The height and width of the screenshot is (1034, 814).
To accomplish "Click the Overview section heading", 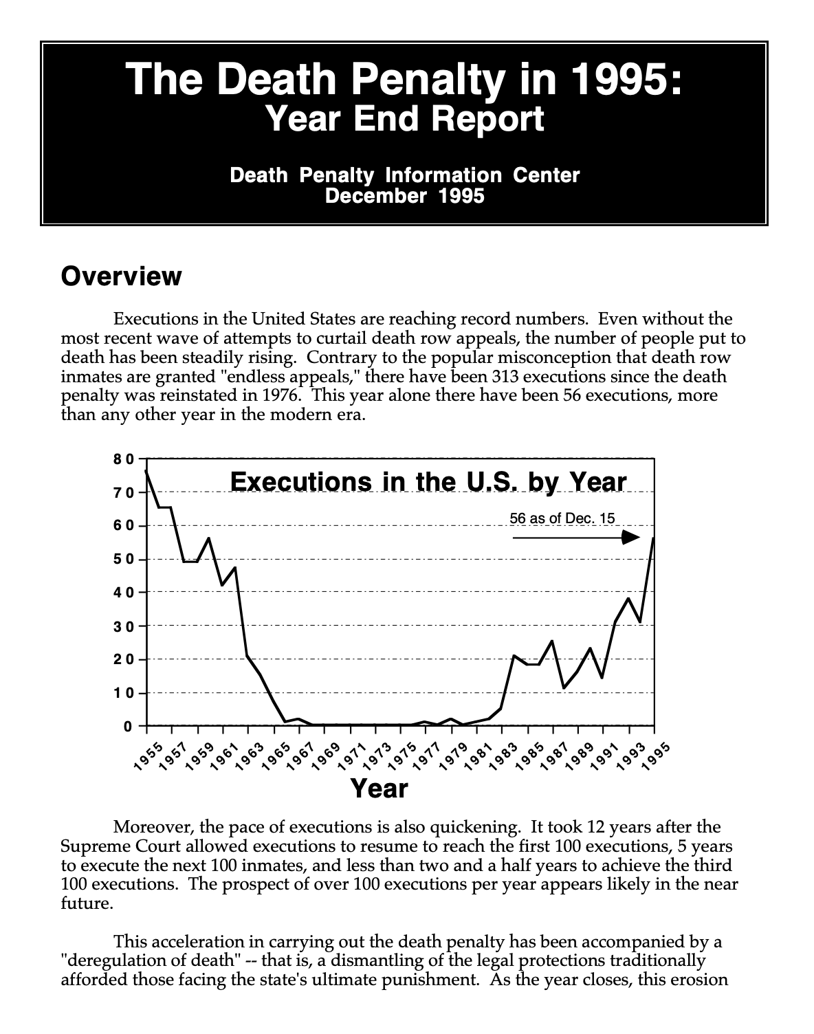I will point(121,276).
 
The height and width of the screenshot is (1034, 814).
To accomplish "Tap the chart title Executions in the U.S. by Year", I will point(428,481).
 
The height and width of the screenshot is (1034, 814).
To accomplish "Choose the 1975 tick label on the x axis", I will point(402,758).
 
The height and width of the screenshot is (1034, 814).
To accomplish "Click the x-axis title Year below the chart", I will point(379,789).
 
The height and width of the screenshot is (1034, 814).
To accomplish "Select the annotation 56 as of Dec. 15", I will point(562,518).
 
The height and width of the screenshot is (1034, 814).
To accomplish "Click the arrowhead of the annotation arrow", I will point(631,537).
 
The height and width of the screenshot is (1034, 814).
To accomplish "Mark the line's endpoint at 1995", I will point(653,538).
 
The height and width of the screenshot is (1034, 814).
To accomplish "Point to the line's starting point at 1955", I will point(146,471).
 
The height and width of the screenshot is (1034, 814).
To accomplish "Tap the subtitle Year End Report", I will point(405,118).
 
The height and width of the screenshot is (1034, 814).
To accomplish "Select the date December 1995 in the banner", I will point(405,196).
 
